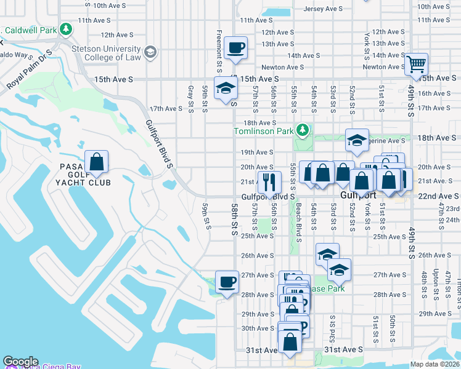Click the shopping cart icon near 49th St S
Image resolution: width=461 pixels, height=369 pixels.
click(417, 63)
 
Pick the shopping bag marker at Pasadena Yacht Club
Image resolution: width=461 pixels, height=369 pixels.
click(96, 162)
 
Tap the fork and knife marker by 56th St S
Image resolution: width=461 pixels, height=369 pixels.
click(269, 182)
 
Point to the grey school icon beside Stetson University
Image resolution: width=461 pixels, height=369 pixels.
click(150, 54)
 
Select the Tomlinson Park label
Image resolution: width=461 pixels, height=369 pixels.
click(263, 131)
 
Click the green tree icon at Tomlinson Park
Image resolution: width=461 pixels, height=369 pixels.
click(302, 130)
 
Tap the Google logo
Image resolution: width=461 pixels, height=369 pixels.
click(21, 362)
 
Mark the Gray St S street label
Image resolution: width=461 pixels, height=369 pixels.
click(190, 95)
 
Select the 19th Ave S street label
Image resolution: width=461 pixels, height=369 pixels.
click(256, 152)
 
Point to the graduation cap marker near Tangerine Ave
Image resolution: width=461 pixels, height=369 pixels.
click(357, 141)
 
